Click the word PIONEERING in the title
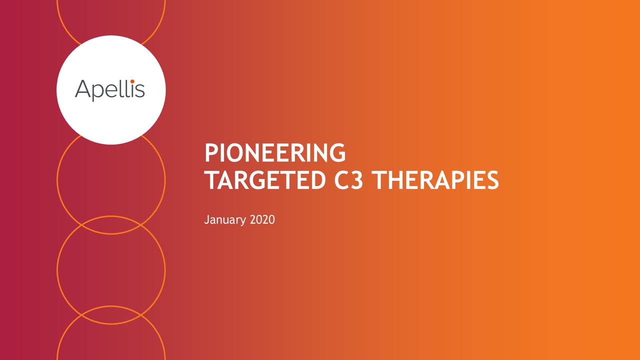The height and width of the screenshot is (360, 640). click(274, 153)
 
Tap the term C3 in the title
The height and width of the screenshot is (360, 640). click(349, 180)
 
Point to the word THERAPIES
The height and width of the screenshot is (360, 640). click(436, 180)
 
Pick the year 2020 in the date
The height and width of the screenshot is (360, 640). click(261, 219)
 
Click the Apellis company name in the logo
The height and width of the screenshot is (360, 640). click(110, 90)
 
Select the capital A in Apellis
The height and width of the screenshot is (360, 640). click(83, 89)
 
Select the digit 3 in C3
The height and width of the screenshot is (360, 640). click(357, 180)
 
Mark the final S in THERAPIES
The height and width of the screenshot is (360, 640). click(492, 180)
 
